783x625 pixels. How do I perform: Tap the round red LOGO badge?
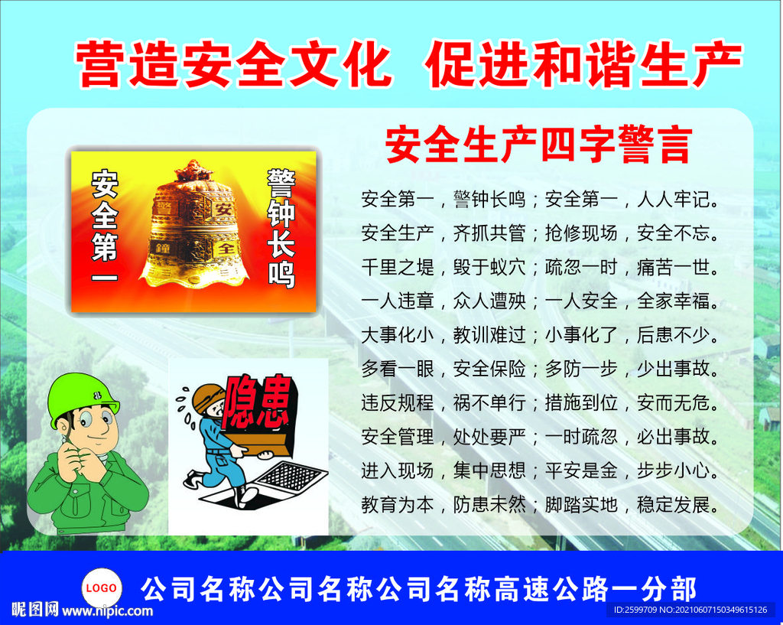pos(101,588)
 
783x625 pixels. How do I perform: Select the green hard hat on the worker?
pos(81,396)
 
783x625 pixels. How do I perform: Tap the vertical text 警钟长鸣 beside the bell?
pos(281,228)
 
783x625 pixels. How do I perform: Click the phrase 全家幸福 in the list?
pos(674,301)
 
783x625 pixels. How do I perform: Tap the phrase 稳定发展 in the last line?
pos(674,505)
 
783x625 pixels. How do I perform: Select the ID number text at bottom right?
pos(690,610)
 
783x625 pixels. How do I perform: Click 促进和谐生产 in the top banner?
pos(583,64)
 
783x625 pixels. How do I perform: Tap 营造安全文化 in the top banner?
pos(234,64)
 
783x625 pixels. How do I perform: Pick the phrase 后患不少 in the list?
pos(674,335)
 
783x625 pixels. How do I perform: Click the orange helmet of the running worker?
pos(206,397)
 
